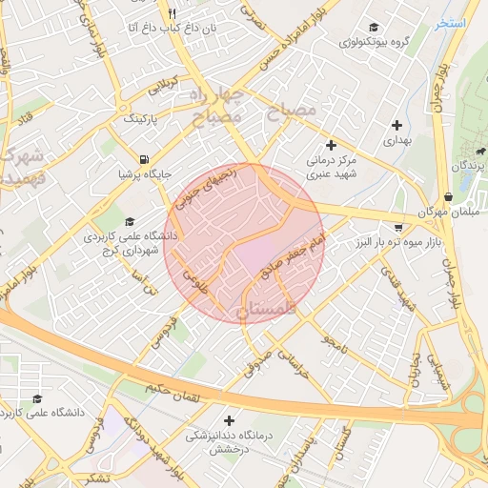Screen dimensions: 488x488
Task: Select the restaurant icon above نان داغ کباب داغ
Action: click(173, 13)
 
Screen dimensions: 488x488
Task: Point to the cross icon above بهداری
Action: click(396, 125)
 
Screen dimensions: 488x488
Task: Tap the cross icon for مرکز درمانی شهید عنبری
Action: click(331, 146)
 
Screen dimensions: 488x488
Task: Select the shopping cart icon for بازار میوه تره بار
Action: click(397, 228)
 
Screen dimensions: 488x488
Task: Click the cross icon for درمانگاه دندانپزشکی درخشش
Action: click(229, 420)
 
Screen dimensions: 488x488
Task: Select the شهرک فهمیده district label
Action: click(19, 166)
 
